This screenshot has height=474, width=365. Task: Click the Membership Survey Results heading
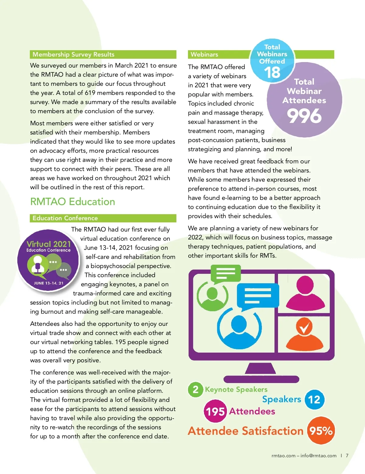(x=73, y=54)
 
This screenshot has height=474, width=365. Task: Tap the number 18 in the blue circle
(x=272, y=72)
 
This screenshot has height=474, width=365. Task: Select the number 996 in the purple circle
(x=304, y=116)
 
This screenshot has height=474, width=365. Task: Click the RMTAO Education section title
(x=72, y=202)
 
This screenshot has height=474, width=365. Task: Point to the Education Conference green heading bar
(x=103, y=218)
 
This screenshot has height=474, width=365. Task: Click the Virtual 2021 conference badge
(x=48, y=261)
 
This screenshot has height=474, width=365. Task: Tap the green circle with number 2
(x=196, y=389)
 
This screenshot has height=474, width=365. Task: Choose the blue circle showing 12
(x=314, y=399)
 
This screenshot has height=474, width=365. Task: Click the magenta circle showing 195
(x=215, y=412)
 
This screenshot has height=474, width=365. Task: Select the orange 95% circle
(x=321, y=431)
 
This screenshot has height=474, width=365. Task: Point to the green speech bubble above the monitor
(x=225, y=273)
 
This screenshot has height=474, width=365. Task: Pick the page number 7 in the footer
(x=347, y=455)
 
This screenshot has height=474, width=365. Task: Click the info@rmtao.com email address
(x=318, y=455)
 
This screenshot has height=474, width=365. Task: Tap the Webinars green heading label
(x=204, y=54)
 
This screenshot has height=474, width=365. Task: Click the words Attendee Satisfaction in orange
(x=246, y=431)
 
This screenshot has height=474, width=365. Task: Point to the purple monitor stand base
(x=261, y=379)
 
